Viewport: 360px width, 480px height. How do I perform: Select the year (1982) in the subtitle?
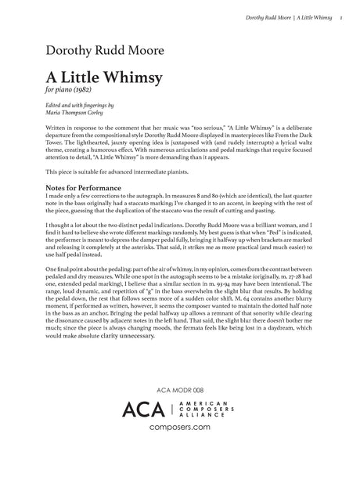coord(79,94)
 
